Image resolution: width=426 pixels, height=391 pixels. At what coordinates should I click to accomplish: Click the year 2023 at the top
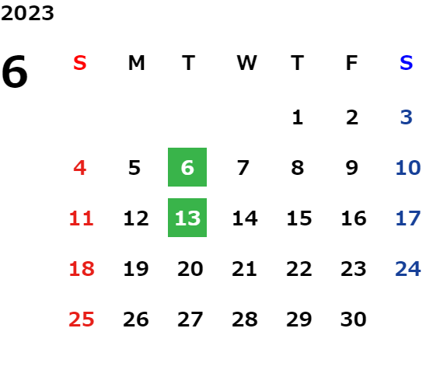[27, 13]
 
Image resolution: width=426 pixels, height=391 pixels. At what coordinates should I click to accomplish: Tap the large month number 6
[15, 72]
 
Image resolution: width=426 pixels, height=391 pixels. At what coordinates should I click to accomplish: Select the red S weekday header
[80, 63]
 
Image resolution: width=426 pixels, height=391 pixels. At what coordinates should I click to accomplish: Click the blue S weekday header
[406, 63]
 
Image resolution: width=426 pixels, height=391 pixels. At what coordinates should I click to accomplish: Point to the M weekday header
[136, 63]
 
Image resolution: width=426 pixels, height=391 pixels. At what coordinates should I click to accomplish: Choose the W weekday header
[246, 63]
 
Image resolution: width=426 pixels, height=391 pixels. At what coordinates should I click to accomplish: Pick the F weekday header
[352, 63]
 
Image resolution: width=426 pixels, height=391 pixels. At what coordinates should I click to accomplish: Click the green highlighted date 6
[187, 167]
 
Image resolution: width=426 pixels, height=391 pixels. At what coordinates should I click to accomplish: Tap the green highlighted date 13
[187, 218]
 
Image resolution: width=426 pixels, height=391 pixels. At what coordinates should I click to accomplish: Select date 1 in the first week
[298, 117]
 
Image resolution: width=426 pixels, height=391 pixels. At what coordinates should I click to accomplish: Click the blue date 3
[406, 117]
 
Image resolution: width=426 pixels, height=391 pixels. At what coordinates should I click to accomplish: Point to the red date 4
[80, 168]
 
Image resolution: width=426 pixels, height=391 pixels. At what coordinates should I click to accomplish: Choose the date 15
[299, 218]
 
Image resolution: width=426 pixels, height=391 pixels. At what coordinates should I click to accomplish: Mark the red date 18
[82, 269]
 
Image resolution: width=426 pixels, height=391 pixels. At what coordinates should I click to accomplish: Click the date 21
[244, 269]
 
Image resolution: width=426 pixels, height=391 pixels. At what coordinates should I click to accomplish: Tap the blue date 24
[408, 269]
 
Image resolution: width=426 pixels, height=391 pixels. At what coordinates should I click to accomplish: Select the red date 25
[82, 319]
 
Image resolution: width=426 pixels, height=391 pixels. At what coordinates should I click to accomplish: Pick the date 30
[354, 319]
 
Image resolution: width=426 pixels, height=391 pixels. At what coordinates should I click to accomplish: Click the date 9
[352, 168]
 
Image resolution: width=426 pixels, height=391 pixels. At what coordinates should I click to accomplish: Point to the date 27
[190, 319]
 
